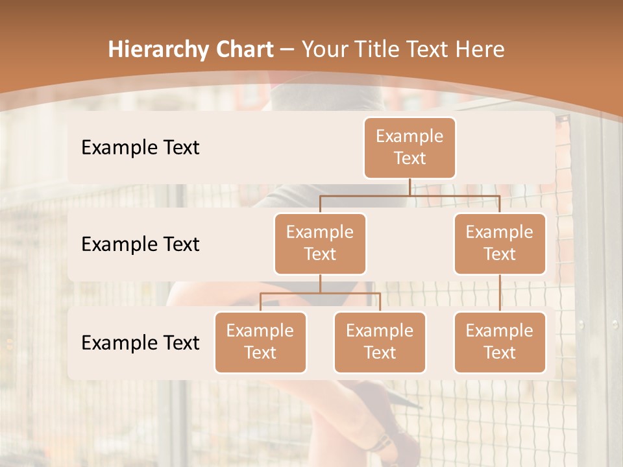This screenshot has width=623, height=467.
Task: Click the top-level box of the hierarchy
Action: pos(409,147)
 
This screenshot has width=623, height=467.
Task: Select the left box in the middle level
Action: pos(320,243)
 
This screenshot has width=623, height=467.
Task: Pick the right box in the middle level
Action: pos(500,243)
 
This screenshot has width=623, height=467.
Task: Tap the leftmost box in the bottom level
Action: pos(260,342)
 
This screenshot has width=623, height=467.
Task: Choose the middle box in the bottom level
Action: pos(380,342)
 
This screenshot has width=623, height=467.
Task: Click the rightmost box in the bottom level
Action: pos(500,342)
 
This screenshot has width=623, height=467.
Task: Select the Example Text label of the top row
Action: pos(140,147)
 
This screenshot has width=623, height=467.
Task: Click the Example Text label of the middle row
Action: pos(140,244)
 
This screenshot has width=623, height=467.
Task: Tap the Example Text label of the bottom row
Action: pos(140,342)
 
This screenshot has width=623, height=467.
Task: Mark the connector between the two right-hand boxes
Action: pos(500,293)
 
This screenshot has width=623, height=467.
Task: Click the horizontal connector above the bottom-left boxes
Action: pos(320,293)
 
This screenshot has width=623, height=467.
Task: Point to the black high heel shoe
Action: pos(389,415)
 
